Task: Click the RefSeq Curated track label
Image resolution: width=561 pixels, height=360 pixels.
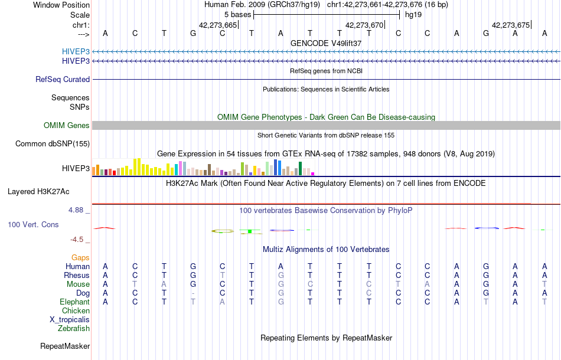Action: tap(63, 79)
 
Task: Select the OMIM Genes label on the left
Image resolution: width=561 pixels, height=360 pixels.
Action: tap(67, 125)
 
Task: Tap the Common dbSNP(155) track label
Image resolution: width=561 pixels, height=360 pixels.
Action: tap(53, 143)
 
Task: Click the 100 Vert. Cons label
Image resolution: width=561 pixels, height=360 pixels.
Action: tap(33, 225)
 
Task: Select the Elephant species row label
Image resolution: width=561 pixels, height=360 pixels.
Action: tap(74, 302)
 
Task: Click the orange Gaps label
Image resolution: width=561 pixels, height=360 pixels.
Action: tap(80, 257)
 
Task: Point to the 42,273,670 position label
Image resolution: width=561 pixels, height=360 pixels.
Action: tap(364, 25)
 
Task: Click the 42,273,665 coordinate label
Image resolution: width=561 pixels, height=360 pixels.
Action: tap(218, 25)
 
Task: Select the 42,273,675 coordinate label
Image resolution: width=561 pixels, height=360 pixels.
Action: tap(511, 25)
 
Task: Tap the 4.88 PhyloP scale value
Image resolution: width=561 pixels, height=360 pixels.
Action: tap(77, 210)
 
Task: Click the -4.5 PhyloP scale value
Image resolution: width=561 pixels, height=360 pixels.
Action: tap(78, 239)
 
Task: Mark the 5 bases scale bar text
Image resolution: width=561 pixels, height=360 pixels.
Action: tap(237, 14)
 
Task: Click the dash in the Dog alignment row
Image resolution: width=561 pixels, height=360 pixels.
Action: tap(193, 293)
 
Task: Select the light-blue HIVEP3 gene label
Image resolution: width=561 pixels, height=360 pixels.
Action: tap(76, 51)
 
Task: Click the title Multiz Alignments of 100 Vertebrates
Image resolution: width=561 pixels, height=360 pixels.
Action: tap(326, 249)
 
